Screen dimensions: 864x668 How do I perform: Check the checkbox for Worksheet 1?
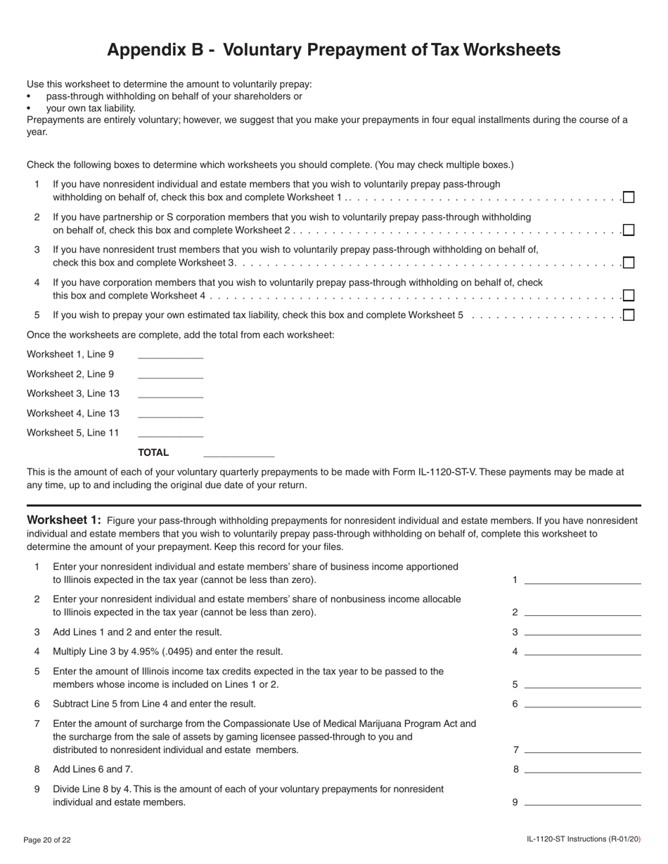coord(629,197)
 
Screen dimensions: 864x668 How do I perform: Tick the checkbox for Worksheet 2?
coord(629,230)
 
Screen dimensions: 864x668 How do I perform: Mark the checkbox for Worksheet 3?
coord(629,263)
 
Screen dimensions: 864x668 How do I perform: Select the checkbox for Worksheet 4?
coord(629,296)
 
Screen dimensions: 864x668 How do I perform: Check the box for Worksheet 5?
coord(629,315)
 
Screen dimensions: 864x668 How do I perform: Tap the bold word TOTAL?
coord(153,452)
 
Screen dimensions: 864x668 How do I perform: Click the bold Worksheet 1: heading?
coord(64,521)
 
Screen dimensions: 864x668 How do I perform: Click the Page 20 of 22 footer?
coord(47,839)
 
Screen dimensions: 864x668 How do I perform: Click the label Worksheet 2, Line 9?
coord(70,374)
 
